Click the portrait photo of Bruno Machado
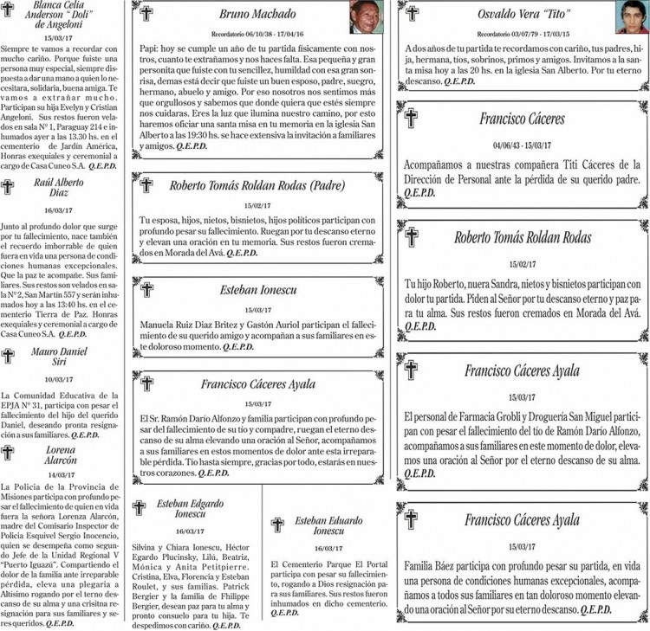(x=367, y=16)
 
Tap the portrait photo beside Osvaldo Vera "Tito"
(x=632, y=16)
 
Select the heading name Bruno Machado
(x=257, y=14)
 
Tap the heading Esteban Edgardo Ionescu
(x=188, y=511)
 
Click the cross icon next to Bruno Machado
(x=146, y=14)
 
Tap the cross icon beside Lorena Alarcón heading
(x=8, y=453)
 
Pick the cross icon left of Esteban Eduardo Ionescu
(x=277, y=525)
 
